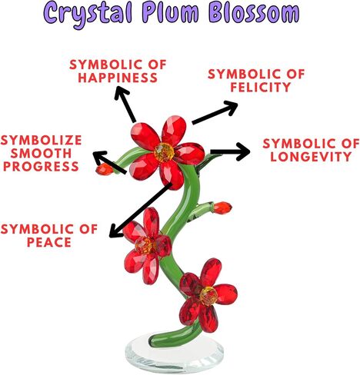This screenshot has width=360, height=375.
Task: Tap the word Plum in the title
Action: [170, 14]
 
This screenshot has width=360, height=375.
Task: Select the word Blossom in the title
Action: [254, 13]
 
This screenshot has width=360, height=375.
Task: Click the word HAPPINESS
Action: [118, 78]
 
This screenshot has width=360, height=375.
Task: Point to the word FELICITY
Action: [261, 87]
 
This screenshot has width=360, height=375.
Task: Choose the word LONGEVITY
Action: [311, 157]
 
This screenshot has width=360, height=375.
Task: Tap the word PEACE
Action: [49, 242]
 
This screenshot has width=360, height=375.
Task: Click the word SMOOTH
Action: [41, 153]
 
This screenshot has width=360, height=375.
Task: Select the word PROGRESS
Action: [41, 167]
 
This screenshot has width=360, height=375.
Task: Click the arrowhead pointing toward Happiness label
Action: [120, 92]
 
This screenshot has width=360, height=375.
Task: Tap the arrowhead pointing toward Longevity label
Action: [244, 151]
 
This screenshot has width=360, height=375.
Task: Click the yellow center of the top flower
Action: [164, 152]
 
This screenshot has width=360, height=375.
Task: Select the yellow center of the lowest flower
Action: [208, 295]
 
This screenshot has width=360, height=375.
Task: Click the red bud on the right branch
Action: [222, 207]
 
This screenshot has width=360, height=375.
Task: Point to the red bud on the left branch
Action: [105, 169]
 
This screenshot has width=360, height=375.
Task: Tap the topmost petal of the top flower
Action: [174, 130]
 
